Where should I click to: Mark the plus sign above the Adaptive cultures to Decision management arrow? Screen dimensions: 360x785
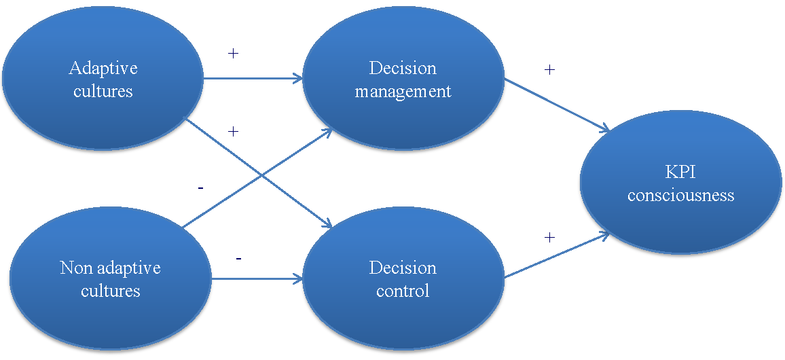coord(233,53)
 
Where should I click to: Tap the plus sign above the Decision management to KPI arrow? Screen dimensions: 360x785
coord(549,69)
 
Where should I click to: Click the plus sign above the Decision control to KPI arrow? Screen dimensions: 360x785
coord(549,237)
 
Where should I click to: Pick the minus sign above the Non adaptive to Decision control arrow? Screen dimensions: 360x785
coord(238,259)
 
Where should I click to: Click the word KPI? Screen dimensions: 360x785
coord(680,173)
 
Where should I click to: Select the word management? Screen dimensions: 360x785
coord(403,91)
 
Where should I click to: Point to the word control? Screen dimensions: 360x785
coord(403,291)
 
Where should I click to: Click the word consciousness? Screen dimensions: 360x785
coord(680,196)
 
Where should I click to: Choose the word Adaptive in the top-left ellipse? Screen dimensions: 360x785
coord(103,68)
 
